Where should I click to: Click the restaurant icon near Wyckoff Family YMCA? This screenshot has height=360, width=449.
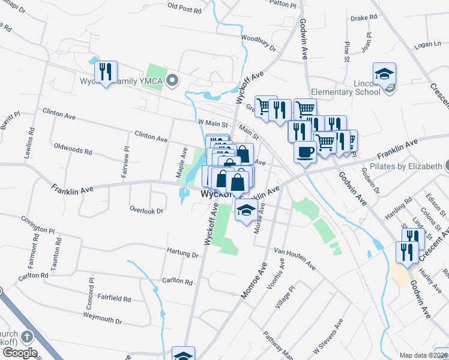point(106,72)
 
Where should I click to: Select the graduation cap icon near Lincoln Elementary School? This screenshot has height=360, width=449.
point(384,74)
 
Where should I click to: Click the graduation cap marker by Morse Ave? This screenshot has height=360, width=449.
point(245,211)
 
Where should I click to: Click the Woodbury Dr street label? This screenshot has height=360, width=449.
point(258,43)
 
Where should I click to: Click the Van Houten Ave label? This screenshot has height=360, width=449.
point(294,257)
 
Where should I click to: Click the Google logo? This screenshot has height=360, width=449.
point(19,353)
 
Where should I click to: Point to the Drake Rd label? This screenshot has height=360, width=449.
point(363,18)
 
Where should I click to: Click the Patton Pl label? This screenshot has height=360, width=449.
point(283,4)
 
